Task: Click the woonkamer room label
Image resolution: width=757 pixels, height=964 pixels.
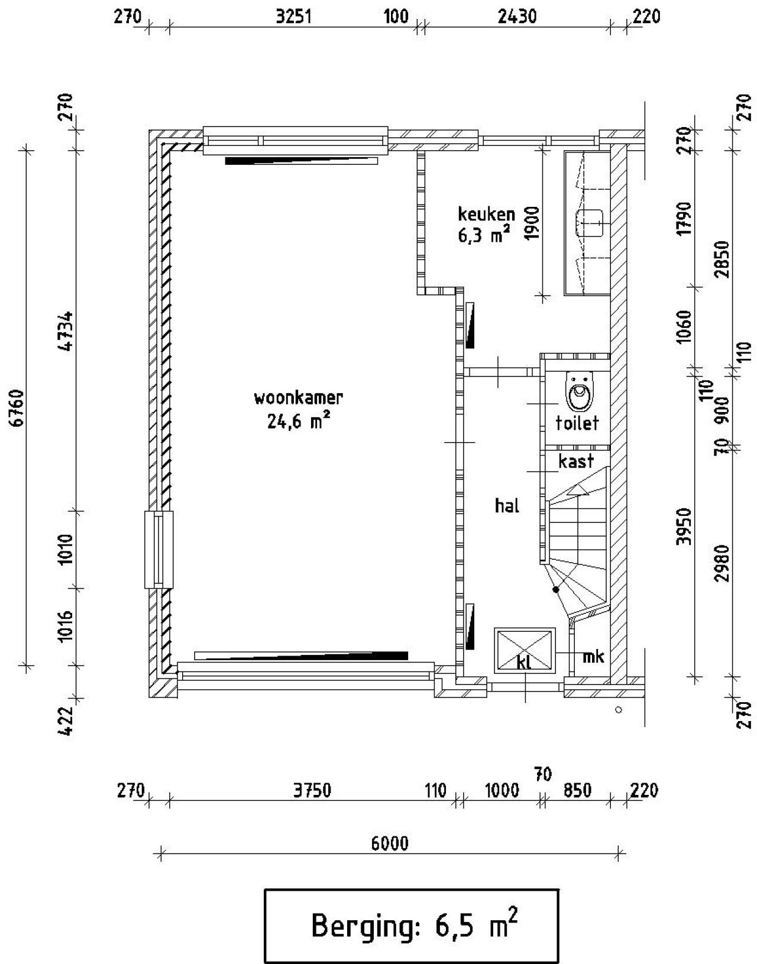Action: point(298,398)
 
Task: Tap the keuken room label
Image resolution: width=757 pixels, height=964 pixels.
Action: point(486,214)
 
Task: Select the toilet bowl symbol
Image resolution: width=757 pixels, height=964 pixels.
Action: point(578,391)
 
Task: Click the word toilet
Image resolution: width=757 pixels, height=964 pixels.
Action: point(577,423)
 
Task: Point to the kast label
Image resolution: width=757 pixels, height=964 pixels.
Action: point(575,461)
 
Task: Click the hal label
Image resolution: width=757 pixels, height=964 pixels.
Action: point(507,506)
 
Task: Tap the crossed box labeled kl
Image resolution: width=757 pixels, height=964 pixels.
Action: point(524,650)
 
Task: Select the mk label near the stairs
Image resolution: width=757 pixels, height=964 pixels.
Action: point(593,656)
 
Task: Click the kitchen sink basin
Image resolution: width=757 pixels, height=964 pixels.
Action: point(588,221)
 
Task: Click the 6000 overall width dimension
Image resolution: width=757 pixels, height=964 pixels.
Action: point(390,843)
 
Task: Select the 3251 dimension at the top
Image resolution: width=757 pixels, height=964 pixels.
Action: point(294,16)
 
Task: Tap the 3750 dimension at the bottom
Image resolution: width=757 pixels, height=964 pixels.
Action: point(312,790)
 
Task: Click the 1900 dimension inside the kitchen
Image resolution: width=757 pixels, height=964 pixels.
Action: point(532,223)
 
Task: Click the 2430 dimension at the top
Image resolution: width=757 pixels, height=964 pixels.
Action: point(516,16)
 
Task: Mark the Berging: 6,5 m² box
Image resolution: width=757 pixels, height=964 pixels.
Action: point(411,926)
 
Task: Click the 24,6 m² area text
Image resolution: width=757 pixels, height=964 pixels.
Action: point(298,421)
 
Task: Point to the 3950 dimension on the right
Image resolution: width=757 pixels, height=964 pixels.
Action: point(684,526)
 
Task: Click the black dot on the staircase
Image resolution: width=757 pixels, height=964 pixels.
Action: point(555,589)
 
